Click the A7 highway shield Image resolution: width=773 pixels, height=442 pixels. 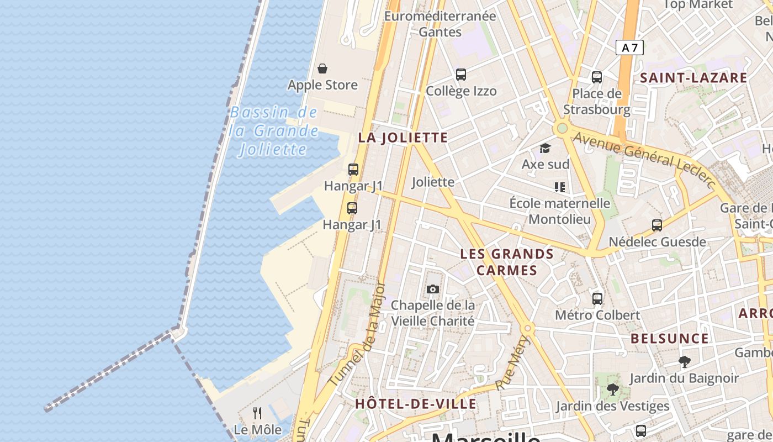(629, 48)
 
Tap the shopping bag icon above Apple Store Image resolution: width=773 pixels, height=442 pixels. (322, 69)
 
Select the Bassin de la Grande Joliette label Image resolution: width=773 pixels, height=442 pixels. (274, 131)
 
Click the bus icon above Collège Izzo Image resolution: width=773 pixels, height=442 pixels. (461, 74)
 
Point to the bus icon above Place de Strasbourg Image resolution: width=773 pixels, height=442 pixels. (596, 77)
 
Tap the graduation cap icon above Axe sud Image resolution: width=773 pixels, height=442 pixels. (546, 148)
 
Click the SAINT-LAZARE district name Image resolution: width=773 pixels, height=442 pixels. (693, 78)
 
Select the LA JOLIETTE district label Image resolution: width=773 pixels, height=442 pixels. (403, 138)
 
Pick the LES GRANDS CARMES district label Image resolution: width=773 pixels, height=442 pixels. (507, 262)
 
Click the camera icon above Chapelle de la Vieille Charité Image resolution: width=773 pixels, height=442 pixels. (433, 289)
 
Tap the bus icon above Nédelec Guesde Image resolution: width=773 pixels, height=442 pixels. (657, 225)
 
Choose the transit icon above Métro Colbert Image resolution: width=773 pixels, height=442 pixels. (597, 299)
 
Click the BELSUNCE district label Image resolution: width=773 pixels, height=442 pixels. (669, 338)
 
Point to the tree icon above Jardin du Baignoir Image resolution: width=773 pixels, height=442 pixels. (685, 362)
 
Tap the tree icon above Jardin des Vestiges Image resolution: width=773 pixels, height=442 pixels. (612, 390)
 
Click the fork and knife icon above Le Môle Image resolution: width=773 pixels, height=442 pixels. (257, 413)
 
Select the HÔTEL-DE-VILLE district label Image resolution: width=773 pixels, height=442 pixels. (415, 404)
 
